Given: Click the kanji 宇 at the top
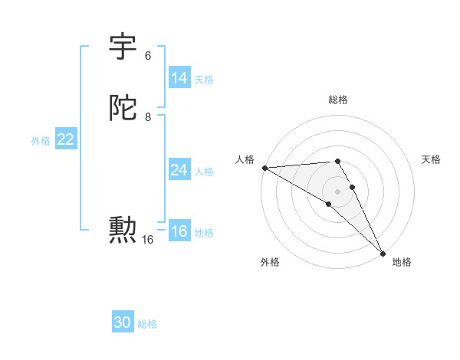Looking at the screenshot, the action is click(123, 47).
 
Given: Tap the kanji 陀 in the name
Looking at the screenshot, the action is click(123, 108).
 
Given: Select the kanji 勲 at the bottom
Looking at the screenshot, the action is click(123, 229).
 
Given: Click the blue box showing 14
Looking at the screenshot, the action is click(179, 77).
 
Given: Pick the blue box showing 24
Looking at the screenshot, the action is click(179, 170).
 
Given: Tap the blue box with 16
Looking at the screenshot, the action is click(179, 231).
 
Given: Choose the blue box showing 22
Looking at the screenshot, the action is click(65, 139).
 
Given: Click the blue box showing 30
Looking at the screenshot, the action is click(123, 322).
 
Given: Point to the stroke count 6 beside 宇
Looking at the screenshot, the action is click(148, 56).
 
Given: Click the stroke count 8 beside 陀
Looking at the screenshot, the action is click(148, 117).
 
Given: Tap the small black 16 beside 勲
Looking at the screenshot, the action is click(147, 239).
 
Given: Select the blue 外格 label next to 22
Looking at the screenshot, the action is click(41, 140).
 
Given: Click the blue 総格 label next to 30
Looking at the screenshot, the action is click(147, 324).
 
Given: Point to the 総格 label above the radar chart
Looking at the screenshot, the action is click(337, 100).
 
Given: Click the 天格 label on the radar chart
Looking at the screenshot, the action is click(431, 159).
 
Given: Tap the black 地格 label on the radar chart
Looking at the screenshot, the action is click(402, 262).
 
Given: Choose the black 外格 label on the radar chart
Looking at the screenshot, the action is click(270, 262).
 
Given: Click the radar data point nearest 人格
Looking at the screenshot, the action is click(264, 168).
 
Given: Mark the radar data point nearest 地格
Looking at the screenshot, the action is click(383, 253).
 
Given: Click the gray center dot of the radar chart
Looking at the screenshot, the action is click(337, 191).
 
